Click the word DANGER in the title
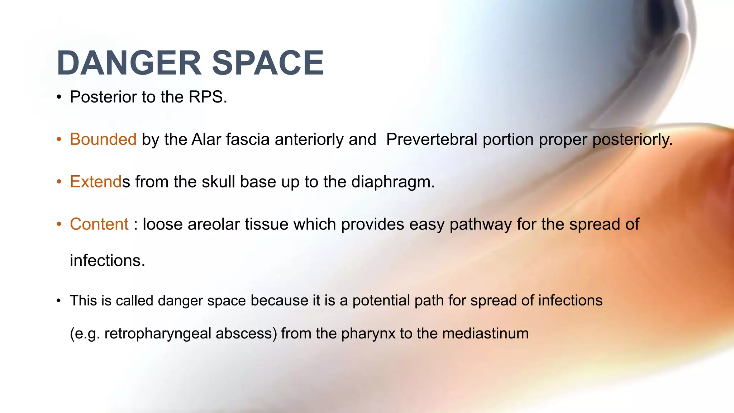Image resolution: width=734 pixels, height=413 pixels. coord(129,63)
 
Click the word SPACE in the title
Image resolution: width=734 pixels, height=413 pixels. coord(268,63)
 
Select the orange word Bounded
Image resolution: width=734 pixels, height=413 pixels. coord(103,139)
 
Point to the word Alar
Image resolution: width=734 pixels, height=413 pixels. coord(206,139)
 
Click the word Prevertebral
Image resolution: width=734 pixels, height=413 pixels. coord(432,139)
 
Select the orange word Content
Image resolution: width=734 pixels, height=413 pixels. coord(99,224)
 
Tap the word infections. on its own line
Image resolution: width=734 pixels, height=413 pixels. coord(108,261)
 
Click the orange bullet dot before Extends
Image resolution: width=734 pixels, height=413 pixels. coord(59,182)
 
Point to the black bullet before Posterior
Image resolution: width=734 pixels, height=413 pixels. coord(59,98)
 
